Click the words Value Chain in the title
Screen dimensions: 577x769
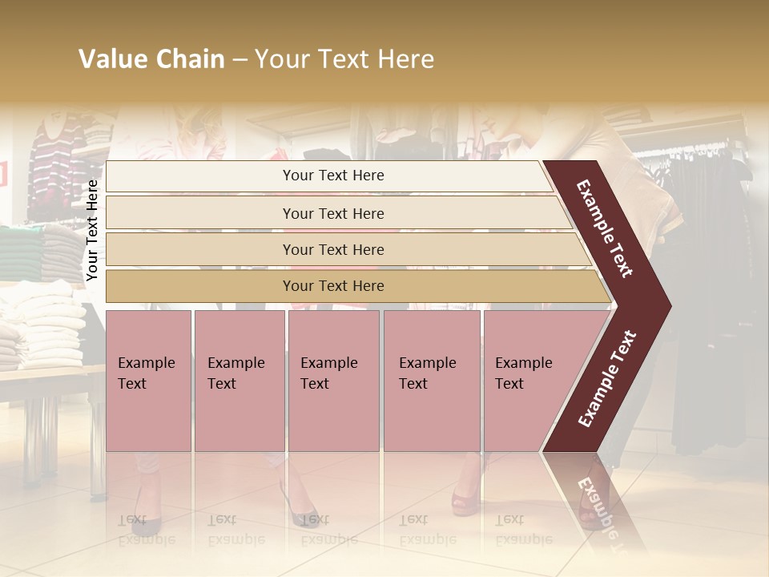[x=151, y=59]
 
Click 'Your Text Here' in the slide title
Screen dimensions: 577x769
[x=344, y=59]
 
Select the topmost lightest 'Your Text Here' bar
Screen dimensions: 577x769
[x=332, y=176]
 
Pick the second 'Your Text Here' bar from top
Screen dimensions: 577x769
[x=332, y=213]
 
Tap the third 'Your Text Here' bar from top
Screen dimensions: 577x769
[x=332, y=249]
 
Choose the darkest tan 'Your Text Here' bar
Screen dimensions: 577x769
[x=332, y=286]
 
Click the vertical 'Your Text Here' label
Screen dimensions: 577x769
[x=92, y=230]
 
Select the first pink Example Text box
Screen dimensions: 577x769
[x=148, y=380]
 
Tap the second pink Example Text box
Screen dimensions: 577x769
[x=239, y=380]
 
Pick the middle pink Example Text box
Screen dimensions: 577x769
[x=333, y=380]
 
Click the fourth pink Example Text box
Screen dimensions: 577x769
[x=431, y=380]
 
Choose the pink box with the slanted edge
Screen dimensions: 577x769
[x=529, y=380]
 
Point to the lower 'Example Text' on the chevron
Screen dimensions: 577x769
[x=608, y=379]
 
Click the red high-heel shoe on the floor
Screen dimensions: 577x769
[x=465, y=501]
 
